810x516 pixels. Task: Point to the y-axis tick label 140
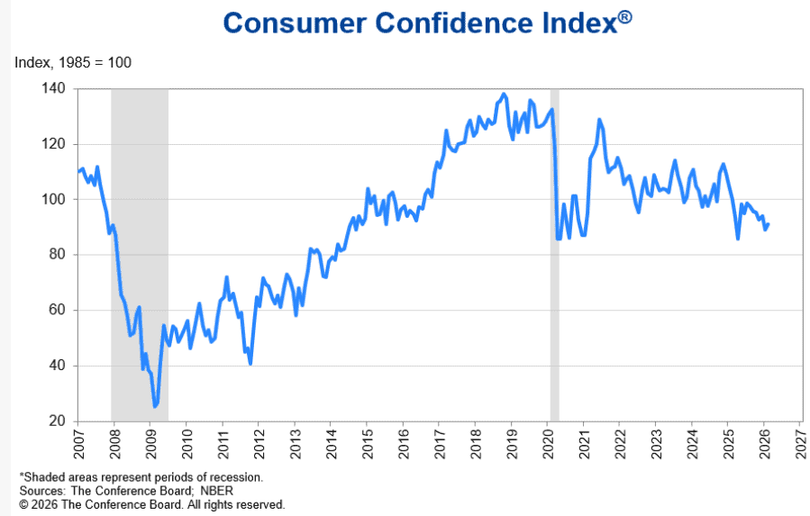click(54, 88)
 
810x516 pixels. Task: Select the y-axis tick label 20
click(58, 421)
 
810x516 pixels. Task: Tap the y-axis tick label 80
click(58, 255)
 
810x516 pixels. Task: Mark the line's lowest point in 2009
click(155, 407)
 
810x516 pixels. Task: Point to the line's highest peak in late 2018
click(503, 94)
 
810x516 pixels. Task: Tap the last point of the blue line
click(769, 225)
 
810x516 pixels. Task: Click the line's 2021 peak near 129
click(598, 120)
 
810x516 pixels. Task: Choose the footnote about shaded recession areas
click(141, 477)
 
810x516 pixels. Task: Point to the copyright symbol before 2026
click(23, 504)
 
